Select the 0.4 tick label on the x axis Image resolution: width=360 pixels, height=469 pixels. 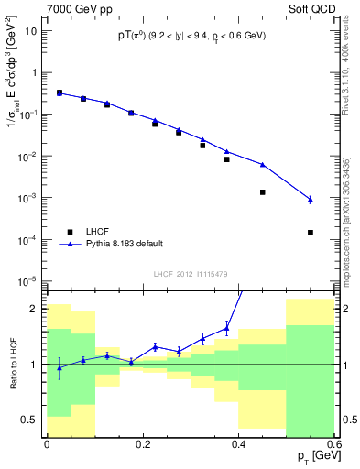coord(238,443)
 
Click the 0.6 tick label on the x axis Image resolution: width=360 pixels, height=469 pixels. coord(333,443)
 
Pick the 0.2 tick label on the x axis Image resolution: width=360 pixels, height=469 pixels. coord(142,443)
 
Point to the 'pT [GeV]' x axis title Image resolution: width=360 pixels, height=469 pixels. coord(311,456)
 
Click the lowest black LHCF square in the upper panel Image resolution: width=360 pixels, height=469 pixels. coord(311,233)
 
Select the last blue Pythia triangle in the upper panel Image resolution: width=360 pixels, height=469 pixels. coord(311,199)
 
